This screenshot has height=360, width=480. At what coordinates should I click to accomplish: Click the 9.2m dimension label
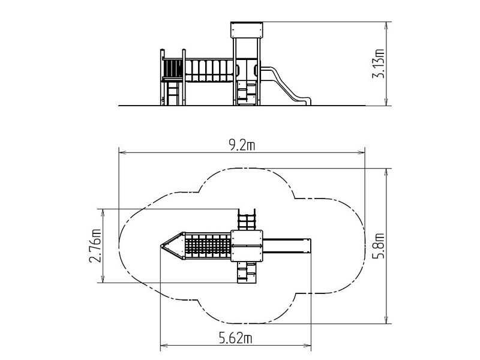242,145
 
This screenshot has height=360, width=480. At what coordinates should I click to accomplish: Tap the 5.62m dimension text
235,338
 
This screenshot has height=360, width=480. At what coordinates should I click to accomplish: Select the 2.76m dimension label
95,246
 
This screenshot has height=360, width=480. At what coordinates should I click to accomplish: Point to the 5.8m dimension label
378,246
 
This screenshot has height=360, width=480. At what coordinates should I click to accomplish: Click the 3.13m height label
378,64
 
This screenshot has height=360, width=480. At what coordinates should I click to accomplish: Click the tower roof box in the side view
247,29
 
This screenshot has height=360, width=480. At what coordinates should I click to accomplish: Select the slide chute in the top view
287,246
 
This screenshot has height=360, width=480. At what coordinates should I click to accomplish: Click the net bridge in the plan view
208,246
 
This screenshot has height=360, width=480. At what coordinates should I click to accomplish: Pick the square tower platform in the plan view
247,246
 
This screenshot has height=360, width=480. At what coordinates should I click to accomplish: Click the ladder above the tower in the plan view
247,220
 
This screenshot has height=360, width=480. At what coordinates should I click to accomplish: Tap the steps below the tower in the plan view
247,272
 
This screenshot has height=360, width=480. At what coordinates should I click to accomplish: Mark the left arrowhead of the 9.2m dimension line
121,152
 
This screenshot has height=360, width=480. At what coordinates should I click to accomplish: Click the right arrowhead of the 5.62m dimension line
308,346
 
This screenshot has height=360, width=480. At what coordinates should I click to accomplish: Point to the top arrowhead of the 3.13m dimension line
387,25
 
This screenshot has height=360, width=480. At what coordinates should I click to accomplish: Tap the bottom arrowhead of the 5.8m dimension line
387,320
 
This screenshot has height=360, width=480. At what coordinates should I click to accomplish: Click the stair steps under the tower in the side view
247,92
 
